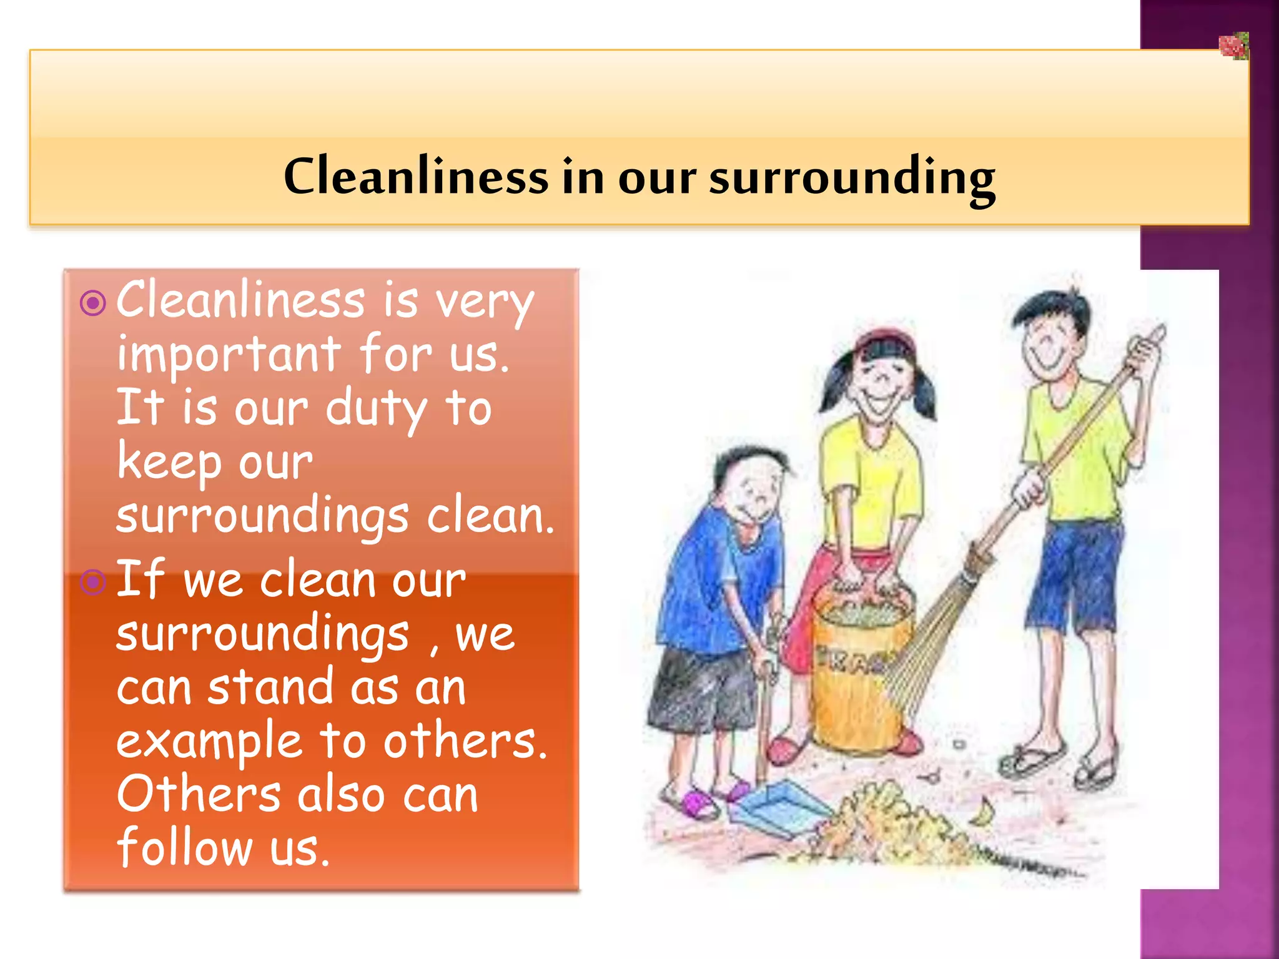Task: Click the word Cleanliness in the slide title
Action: pyautogui.click(x=415, y=177)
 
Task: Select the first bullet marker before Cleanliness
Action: pyautogui.click(x=94, y=304)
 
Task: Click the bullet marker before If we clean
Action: pyautogui.click(x=94, y=583)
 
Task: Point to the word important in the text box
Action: pyautogui.click(x=229, y=355)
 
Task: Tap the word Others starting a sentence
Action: pyautogui.click(x=199, y=795)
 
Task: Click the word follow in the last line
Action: pyautogui.click(x=185, y=848)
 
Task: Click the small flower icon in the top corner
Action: pyautogui.click(x=1233, y=46)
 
